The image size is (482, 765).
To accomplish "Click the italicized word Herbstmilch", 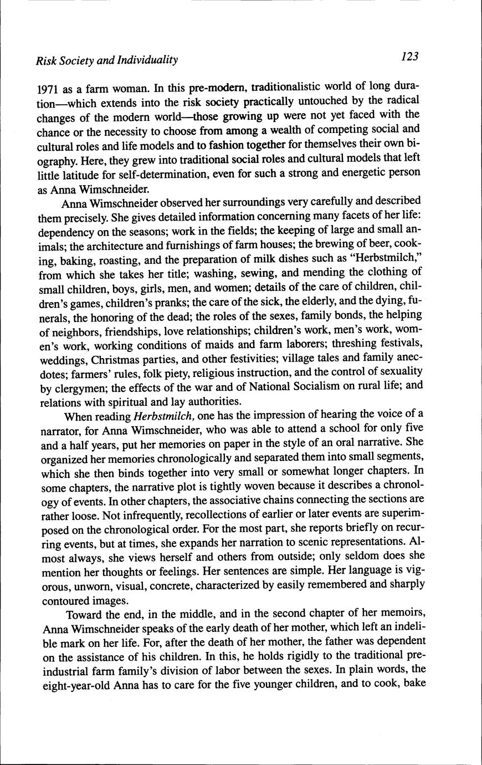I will click(162, 416).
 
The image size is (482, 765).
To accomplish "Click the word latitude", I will click(74, 173).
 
